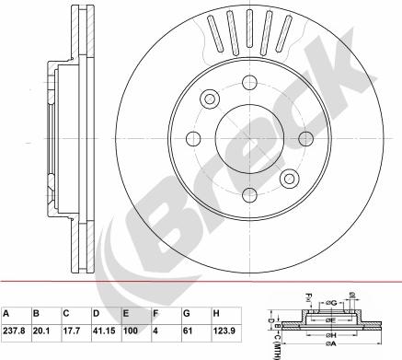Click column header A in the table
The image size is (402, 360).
[7, 313]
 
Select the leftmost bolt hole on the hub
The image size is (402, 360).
[194, 139]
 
